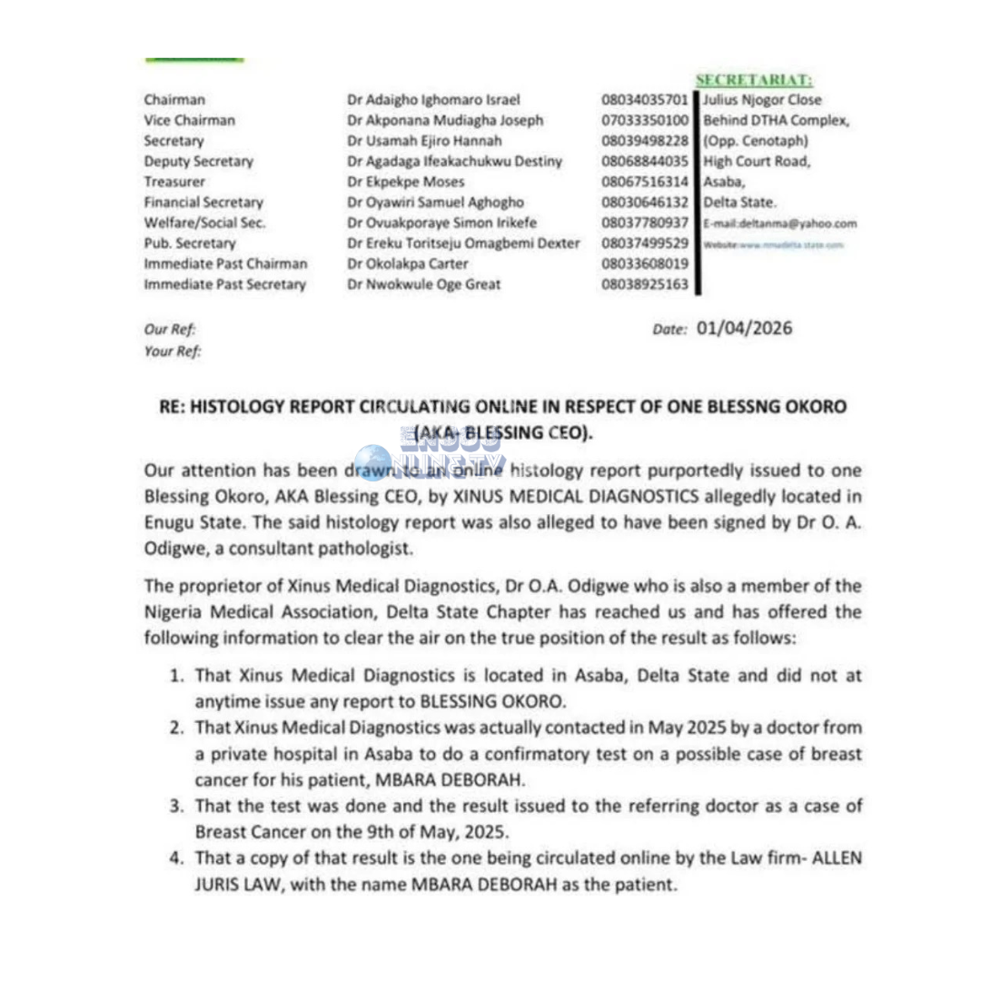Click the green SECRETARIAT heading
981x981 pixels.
(754, 81)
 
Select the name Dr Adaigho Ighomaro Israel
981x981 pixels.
(433, 100)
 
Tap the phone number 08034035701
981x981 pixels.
(645, 100)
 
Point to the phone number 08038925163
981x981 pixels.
(645, 284)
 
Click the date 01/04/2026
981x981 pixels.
(744, 328)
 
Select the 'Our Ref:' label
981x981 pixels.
(170, 331)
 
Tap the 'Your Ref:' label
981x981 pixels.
(173, 352)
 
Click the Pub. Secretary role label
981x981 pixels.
(189, 243)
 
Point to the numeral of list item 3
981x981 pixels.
(178, 805)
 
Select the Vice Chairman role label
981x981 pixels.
(189, 120)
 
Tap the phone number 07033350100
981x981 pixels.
(645, 120)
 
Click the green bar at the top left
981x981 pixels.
(194, 60)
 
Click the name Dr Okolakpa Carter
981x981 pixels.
(408, 264)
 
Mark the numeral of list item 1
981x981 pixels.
(178, 676)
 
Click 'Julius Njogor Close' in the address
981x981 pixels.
(762, 100)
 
